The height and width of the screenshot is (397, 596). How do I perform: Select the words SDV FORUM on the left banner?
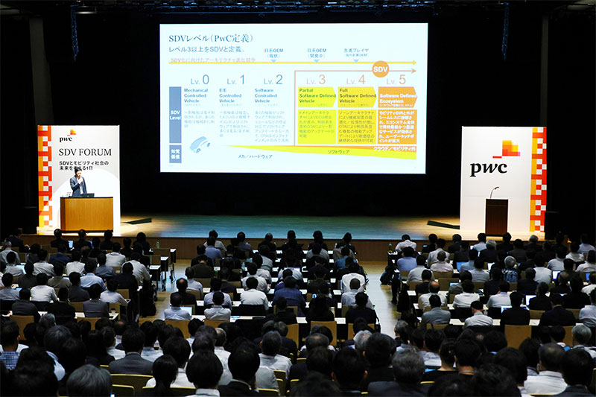[84, 152]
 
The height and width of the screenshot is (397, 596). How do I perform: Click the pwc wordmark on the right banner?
[488, 168]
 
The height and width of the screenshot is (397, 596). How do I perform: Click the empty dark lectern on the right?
[496, 216]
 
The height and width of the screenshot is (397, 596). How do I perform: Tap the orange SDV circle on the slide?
[380, 69]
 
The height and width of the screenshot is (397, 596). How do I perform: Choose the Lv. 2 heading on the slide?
[273, 80]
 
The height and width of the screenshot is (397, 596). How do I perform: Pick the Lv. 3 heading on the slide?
[317, 80]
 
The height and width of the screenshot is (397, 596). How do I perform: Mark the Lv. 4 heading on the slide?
[356, 80]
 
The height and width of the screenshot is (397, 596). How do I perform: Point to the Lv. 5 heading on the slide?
[396, 80]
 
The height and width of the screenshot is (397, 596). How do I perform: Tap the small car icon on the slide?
[199, 144]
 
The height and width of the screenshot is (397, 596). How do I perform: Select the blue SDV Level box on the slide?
[175, 115]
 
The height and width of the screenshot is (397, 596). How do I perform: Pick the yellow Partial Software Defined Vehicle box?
[317, 98]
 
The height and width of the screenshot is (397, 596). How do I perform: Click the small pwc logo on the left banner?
[67, 136]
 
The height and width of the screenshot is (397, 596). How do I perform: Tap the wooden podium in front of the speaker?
[86, 214]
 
